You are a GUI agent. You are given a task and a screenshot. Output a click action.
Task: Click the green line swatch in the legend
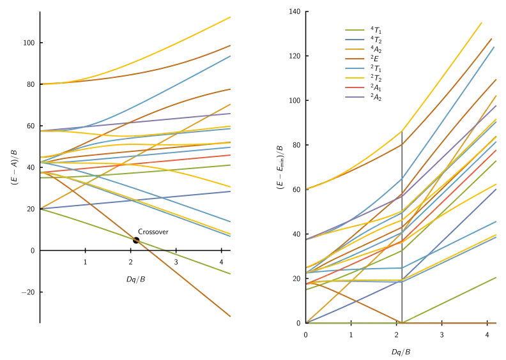pos(355,31)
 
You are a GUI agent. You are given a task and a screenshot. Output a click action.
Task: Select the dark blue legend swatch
pos(355,40)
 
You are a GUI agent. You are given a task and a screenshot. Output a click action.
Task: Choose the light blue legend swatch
pos(355,68)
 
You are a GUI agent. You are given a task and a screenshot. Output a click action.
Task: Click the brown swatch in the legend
pos(355,59)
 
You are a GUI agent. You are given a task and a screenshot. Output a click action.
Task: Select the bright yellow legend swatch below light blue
pos(355,79)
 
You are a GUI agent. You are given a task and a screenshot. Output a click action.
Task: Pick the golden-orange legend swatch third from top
pos(355,49)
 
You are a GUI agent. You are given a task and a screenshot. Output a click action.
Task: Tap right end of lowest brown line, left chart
pos(233,317)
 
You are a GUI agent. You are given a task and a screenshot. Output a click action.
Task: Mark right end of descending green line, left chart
pos(233,274)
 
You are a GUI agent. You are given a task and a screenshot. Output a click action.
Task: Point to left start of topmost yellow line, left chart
pos(42,84)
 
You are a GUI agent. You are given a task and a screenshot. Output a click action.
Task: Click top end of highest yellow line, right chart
pos(480,22)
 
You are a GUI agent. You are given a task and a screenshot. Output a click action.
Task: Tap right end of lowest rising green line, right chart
pos(499,277)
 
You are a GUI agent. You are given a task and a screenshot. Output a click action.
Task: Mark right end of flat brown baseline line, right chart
pos(499,323)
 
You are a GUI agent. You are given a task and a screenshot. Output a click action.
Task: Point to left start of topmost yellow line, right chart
pos(307,189)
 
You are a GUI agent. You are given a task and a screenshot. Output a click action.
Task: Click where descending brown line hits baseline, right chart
pos(401,322)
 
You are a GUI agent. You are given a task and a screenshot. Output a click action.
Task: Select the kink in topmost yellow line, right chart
pos(401,132)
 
